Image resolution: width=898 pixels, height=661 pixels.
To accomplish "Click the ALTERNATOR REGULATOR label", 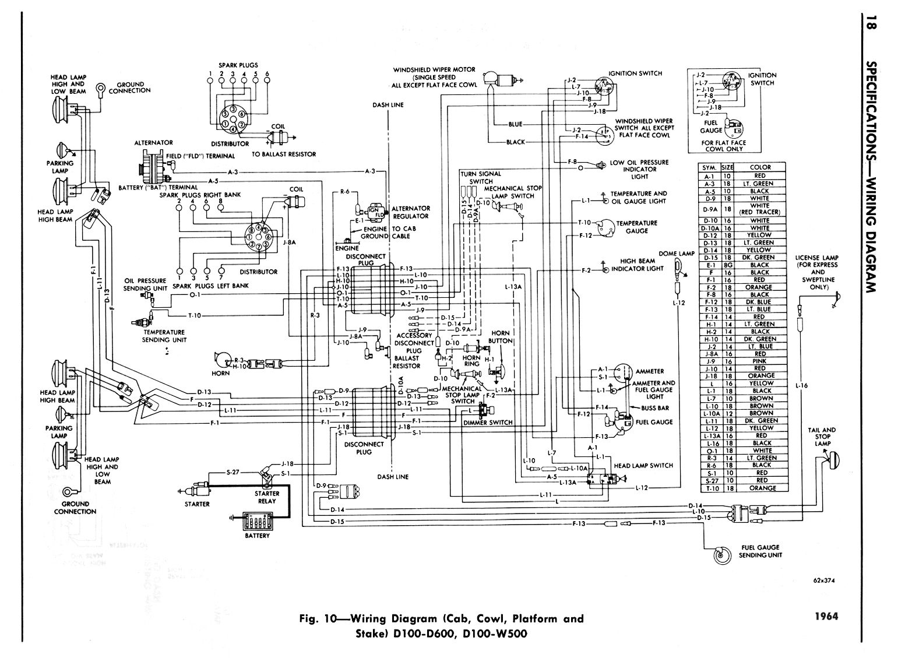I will [410, 212].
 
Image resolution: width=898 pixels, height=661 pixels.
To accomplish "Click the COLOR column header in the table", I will [760, 167].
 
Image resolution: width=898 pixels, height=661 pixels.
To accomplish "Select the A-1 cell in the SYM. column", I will [709, 175].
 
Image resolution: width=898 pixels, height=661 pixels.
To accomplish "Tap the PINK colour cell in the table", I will [760, 361].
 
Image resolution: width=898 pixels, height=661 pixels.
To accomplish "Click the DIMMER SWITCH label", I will [493, 423].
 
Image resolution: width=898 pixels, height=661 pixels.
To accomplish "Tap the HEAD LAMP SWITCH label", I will [643, 466].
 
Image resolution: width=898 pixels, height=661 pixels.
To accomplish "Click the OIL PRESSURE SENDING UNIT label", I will [145, 284].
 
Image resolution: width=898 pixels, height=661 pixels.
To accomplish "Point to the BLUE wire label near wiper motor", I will [515, 124].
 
